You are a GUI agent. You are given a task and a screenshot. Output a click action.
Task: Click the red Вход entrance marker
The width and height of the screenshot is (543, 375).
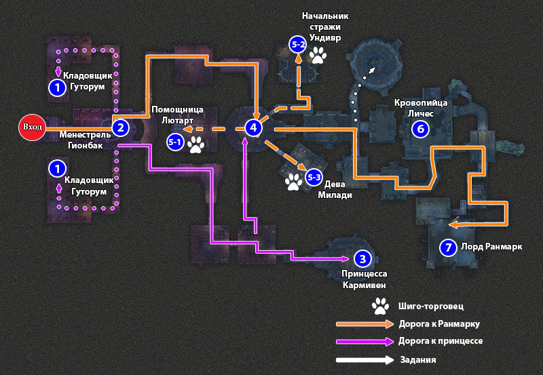[32, 127]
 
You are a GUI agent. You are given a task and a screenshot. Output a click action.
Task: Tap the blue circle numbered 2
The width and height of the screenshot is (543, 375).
[120, 127]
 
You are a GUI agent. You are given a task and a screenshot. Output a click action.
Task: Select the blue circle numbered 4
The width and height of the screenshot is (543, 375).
[253, 127]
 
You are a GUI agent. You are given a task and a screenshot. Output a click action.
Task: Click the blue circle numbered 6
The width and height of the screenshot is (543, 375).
[420, 128]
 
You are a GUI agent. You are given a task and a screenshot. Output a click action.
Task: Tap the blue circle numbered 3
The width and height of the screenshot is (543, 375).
[362, 258]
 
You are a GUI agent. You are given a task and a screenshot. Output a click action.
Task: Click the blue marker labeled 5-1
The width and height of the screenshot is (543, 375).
[175, 142]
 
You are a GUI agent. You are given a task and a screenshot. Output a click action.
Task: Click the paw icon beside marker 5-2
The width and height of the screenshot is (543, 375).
[318, 54]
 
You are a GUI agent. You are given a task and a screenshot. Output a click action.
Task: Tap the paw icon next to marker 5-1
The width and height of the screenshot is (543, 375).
[195, 143]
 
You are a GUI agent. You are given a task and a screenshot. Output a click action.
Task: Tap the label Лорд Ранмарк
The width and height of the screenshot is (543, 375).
[491, 247]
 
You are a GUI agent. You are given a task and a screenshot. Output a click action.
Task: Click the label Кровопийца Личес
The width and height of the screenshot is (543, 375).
[421, 108]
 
